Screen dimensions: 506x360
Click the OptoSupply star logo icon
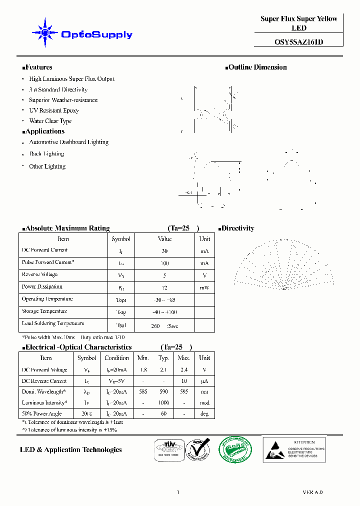[45, 33]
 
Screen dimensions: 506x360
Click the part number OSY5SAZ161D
[298, 42]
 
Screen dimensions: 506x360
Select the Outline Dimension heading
[257, 67]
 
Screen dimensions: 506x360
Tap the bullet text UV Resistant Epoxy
[53, 110]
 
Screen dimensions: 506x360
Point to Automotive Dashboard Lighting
[68, 142]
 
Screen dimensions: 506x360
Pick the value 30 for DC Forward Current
[164, 251]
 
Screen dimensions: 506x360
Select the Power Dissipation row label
[42, 287]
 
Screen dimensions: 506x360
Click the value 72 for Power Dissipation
[164, 288]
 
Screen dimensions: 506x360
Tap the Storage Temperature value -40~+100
[164, 312]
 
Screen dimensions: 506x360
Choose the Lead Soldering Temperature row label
[53, 323]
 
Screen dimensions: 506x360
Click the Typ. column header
[163, 358]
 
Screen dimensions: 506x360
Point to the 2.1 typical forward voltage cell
[163, 370]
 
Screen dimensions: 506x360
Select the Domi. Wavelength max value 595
[184, 392]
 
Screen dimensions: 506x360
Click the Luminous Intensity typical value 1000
[163, 403]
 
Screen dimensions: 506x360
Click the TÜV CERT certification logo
[167, 449]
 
